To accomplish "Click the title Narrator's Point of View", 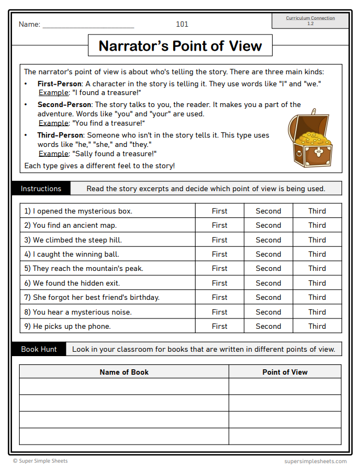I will point(180,46).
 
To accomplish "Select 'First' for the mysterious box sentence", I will point(220,211).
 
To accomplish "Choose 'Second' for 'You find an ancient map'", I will point(268,225).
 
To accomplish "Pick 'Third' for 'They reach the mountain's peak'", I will point(317,268).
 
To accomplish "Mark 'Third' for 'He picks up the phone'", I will point(317,326).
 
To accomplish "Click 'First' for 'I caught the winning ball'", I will point(220,254).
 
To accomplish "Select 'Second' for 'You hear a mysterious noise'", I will point(268,312).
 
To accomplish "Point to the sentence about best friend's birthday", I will point(92,297).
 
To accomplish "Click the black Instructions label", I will point(41,188).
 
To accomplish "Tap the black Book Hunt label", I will point(39,349).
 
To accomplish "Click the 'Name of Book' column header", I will point(124,372).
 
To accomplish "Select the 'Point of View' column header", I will point(285,372).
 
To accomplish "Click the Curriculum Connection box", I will point(310,21).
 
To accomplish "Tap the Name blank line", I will point(88,25).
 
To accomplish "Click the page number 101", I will point(182,24).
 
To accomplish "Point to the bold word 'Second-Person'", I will point(64,104).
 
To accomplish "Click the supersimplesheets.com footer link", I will point(315,461).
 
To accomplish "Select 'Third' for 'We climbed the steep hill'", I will point(317,240).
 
